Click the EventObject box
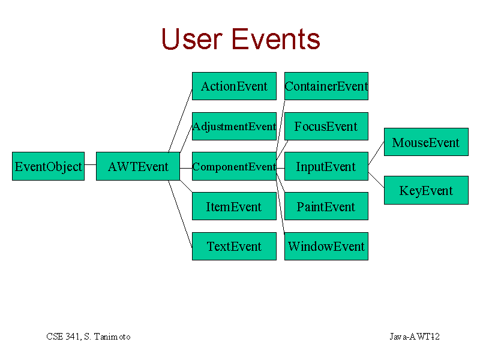[49, 166]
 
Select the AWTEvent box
[138, 166]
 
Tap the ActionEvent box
[234, 86]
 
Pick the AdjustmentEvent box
[234, 126]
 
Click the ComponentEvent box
[234, 166]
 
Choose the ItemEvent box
[234, 206]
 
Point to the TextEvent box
[234, 246]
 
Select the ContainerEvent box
[326, 86]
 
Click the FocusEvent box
[326, 126]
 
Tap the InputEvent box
[326, 166]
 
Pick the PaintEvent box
[326, 206]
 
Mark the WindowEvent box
[326, 246]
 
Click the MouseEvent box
[426, 142]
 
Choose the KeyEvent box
[426, 190]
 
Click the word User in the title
[191, 39]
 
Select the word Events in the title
[276, 39]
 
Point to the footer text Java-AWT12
[415, 337]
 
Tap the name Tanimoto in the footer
[112, 337]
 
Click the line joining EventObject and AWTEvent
[91, 164]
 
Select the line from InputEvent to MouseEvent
[376, 154]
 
